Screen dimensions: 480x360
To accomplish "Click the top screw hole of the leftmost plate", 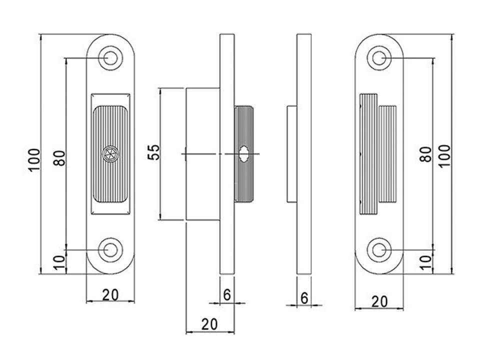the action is click(110, 58).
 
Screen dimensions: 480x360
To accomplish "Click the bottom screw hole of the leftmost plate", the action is click(110, 250).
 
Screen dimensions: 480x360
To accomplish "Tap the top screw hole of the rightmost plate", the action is click(379, 58).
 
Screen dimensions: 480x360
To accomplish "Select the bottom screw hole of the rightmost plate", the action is click(379, 250).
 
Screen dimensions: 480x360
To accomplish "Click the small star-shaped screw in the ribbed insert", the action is click(110, 154).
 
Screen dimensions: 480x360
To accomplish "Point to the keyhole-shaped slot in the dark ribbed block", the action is click(244, 153).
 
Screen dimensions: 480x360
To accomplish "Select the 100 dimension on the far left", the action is click(34, 160).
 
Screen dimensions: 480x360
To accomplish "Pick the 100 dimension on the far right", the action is click(444, 156).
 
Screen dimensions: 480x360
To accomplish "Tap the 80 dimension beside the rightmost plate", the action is click(425, 154).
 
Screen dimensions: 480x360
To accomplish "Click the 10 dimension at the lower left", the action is click(59, 262).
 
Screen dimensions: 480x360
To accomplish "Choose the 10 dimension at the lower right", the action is click(425, 262).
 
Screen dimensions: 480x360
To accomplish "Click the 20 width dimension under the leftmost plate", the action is click(110, 295).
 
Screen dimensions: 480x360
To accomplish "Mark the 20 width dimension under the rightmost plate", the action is click(379, 302).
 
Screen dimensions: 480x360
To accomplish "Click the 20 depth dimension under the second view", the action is click(209, 324).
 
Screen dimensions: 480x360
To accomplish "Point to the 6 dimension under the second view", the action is click(227, 295).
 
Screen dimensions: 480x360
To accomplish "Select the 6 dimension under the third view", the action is click(304, 298).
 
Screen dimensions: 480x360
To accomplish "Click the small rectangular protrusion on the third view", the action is click(291, 154).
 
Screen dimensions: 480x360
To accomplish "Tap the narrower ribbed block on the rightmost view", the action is click(387, 154).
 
